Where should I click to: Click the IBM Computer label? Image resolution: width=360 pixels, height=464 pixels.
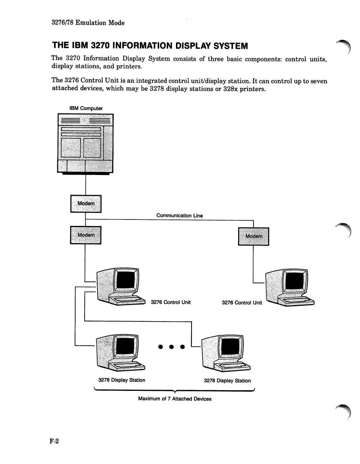[x=86, y=108]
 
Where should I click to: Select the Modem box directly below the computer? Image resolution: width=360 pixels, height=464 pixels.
[x=86, y=204]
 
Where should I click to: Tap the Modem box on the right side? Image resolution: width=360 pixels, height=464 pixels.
[x=254, y=236]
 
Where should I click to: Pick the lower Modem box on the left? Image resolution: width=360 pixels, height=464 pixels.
[x=86, y=235]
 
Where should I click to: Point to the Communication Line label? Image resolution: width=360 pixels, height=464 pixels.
[x=179, y=216]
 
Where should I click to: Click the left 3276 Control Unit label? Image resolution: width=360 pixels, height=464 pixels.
[x=171, y=302]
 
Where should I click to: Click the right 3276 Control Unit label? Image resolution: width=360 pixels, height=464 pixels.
[x=242, y=303]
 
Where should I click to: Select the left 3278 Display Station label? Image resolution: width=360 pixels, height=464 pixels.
[x=122, y=380]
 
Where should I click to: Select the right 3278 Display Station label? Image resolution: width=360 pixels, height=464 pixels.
[x=227, y=381]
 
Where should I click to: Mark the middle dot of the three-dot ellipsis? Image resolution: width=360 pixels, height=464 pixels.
[x=171, y=347]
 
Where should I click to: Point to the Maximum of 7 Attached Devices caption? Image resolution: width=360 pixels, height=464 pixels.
[x=175, y=399]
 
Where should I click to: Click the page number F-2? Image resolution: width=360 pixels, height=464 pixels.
[x=54, y=441]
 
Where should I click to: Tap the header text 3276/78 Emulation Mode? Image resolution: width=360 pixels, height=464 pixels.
[x=88, y=23]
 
